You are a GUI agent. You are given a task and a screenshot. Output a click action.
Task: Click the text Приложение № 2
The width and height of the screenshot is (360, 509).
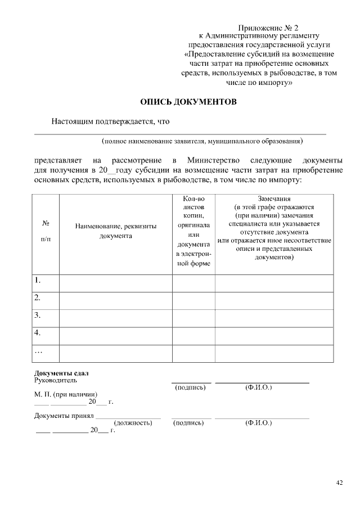[268, 28]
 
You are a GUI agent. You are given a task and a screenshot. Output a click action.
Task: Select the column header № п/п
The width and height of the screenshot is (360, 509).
[46, 231]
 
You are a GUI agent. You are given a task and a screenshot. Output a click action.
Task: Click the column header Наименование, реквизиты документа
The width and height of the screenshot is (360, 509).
[115, 231]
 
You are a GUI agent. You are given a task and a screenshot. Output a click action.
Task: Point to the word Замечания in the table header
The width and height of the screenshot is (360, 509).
[274, 199]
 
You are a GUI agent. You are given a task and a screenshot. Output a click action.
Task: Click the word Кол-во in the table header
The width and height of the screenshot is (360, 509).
[193, 199]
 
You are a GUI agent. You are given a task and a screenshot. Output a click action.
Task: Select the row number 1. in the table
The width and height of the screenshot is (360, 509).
[38, 280]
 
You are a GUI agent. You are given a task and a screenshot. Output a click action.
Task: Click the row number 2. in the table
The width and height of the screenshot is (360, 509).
[38, 297]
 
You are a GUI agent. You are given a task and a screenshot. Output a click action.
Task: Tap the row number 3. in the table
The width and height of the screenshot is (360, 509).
[38, 315]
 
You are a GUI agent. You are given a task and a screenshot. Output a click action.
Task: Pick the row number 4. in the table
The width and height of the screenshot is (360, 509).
[38, 332]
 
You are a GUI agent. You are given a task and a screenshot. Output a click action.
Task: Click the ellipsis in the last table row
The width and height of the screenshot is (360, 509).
[38, 351]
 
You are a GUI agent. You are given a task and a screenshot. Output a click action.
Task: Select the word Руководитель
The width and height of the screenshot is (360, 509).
[55, 381]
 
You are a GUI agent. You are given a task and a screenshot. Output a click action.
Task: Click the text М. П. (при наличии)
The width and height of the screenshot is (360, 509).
[65, 394]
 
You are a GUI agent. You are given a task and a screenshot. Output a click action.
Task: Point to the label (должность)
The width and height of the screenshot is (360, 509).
[133, 423]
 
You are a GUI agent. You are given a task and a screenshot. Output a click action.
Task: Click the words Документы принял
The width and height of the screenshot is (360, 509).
[63, 416]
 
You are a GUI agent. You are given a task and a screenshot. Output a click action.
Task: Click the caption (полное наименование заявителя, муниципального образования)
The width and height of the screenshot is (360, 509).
[202, 141]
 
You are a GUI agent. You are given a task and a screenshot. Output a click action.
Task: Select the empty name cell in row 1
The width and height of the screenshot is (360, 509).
[115, 283]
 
